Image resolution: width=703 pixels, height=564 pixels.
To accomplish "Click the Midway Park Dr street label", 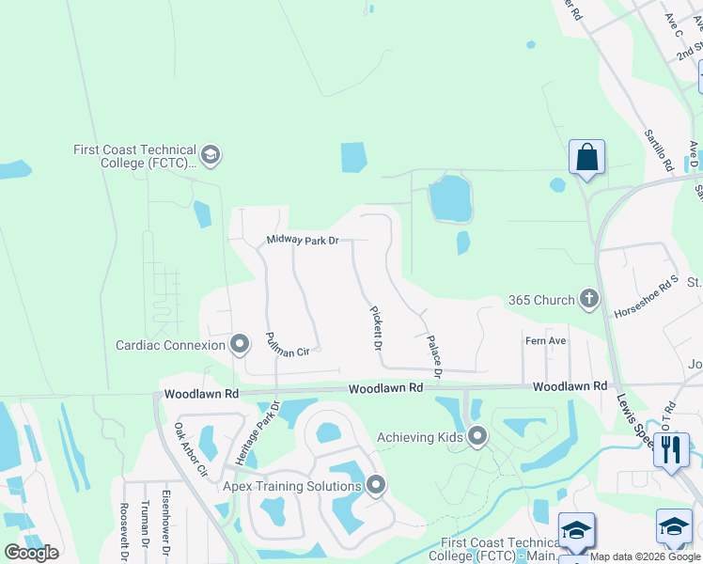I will click(302, 241).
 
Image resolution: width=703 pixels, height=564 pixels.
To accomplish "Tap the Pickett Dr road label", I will click(375, 327).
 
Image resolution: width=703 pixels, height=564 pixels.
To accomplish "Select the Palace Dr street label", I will click(433, 352).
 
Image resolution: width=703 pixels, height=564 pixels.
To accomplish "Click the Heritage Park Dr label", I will click(245, 433).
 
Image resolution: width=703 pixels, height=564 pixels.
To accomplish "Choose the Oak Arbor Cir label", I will click(189, 449).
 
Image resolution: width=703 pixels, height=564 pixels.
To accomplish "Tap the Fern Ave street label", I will click(545, 340).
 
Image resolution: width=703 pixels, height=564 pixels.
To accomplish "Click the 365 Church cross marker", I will click(589, 300).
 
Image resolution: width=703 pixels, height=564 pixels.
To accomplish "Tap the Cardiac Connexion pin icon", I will click(240, 345).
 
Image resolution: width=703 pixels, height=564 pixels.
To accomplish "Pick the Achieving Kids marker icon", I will click(477, 437).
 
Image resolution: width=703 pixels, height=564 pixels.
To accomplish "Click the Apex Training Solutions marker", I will click(376, 486).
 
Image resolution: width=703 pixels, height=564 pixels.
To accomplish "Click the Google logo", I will click(31, 553).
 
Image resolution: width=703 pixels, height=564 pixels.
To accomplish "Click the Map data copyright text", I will click(646, 556).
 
